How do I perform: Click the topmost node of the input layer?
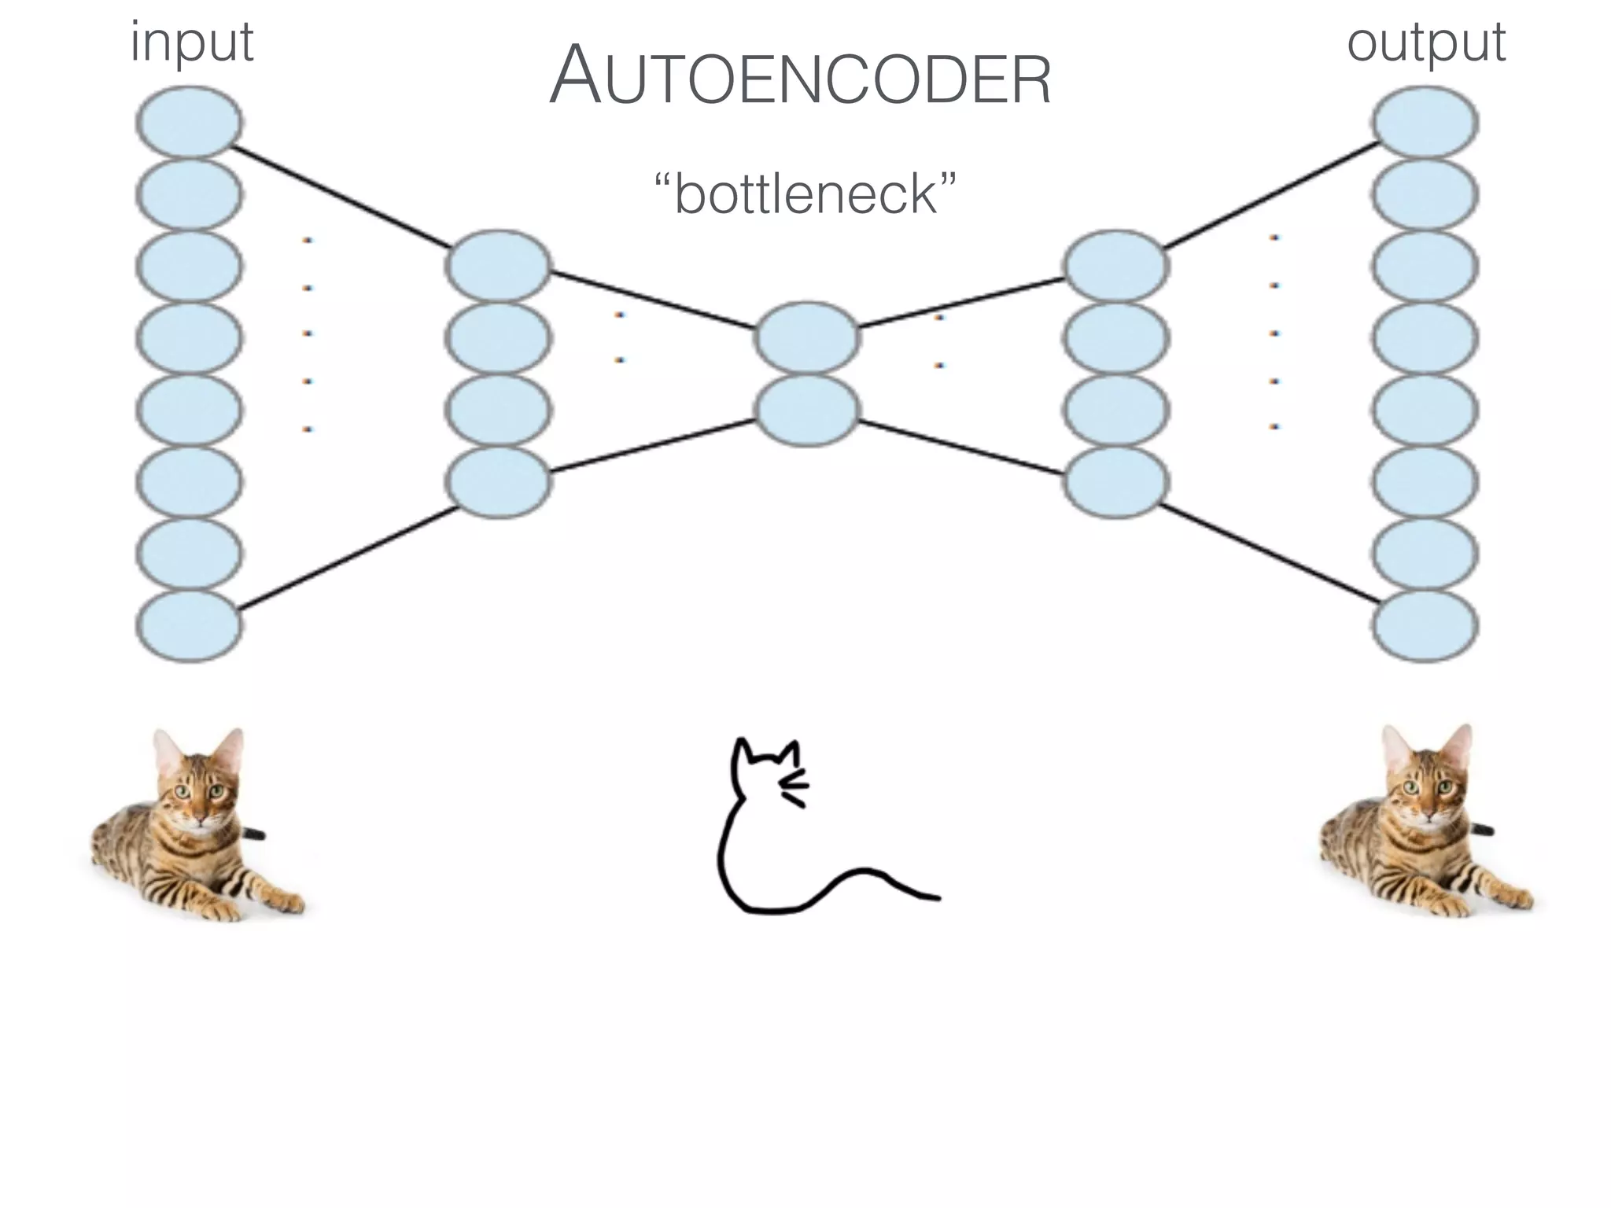(189, 123)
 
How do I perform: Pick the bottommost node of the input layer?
(189, 626)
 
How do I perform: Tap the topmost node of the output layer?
(1425, 123)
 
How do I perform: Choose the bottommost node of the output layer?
(1425, 626)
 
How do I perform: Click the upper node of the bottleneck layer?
(806, 337)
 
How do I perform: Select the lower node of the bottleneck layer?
(806, 409)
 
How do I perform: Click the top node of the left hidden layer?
(497, 266)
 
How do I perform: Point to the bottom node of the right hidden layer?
(1115, 481)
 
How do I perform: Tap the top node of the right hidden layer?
(1115, 266)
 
